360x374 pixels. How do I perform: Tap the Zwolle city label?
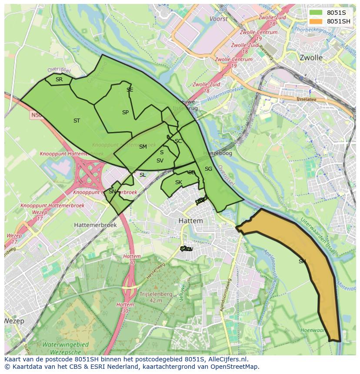tap(311, 57)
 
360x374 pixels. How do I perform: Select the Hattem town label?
tap(190, 221)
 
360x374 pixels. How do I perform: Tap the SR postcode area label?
tap(59, 79)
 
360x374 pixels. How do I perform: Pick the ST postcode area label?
tap(77, 121)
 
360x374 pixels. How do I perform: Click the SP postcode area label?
tap(125, 113)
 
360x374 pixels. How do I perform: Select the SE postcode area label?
tap(130, 90)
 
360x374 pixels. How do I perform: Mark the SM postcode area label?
tap(143, 147)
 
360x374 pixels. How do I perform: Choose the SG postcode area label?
tap(208, 169)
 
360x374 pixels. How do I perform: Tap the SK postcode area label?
tap(178, 182)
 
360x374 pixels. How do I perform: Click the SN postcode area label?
tap(112, 192)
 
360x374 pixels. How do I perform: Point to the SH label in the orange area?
tap(302, 261)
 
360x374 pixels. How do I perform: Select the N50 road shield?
tap(36, 116)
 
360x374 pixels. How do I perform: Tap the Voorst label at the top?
tap(218, 19)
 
